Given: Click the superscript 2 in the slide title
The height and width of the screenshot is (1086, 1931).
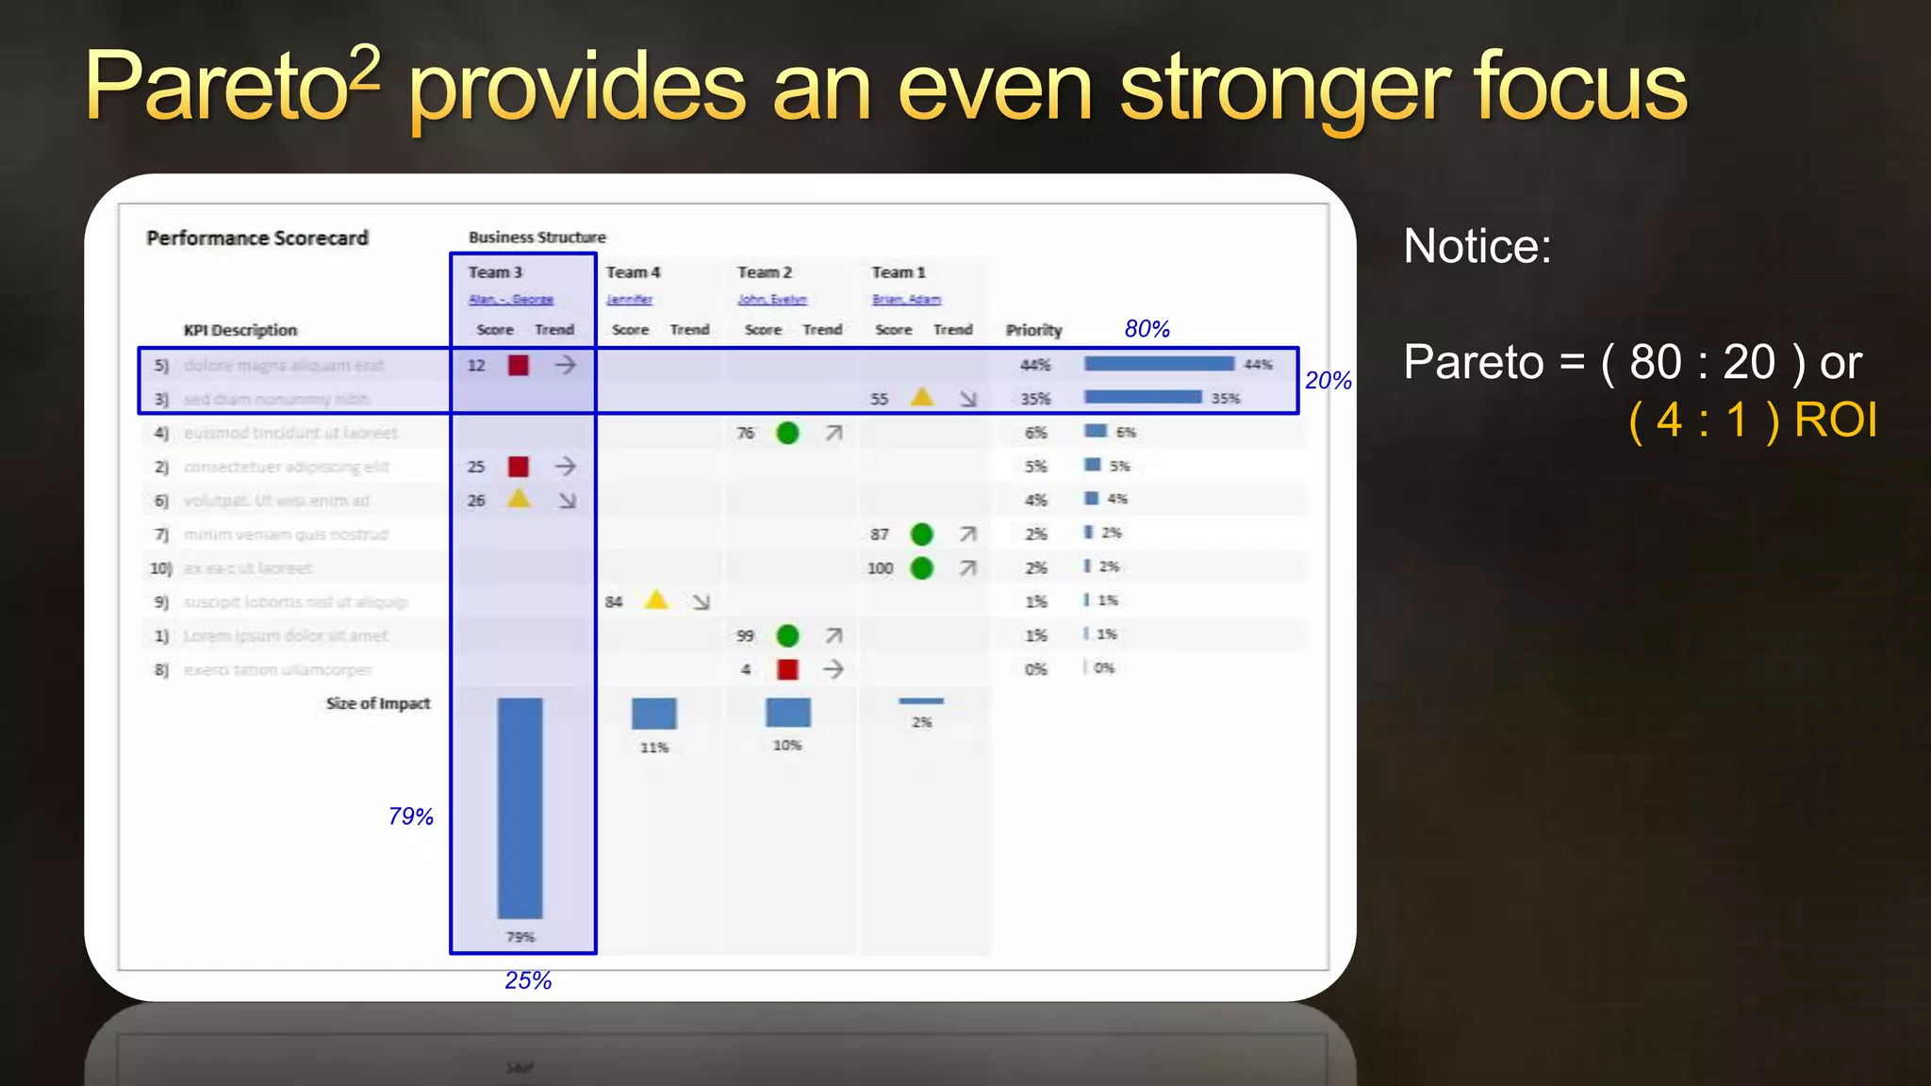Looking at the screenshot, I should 364,65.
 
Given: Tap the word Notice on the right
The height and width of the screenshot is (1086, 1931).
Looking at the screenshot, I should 1477,246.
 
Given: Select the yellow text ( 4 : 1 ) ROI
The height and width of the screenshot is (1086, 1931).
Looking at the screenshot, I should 1753,420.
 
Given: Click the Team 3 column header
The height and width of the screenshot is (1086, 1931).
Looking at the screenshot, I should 495,272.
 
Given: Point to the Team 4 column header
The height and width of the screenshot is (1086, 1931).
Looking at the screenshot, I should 633,272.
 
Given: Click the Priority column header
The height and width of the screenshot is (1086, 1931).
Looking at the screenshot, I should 1033,330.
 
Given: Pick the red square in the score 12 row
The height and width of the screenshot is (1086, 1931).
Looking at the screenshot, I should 519,365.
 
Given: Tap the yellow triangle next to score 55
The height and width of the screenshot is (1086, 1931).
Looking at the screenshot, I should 922,397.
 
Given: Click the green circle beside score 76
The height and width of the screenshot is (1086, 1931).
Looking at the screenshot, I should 787,433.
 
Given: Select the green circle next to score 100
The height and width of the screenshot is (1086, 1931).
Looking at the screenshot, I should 922,568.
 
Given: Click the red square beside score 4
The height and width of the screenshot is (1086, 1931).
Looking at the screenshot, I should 787,669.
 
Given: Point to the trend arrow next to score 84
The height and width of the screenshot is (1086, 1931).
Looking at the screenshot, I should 701,601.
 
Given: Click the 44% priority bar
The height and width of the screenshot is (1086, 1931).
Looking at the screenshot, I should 1159,364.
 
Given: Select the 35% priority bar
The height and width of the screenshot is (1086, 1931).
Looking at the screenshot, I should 1143,397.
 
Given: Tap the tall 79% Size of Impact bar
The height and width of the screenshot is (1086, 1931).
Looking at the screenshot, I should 520,808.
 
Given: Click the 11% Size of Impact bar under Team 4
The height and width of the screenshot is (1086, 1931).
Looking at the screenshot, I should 654,714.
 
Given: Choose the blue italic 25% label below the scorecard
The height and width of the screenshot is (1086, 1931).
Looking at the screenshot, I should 528,980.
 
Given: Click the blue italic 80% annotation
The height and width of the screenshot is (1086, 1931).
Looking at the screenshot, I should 1147,329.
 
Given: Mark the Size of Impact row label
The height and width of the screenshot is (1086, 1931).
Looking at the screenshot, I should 377,703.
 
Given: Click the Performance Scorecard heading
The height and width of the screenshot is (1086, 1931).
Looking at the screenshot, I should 257,238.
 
